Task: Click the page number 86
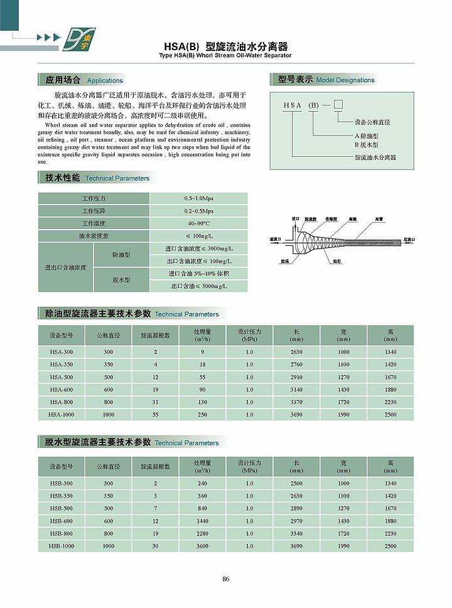(226, 579)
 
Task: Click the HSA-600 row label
(62, 390)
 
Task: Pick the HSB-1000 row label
(62, 546)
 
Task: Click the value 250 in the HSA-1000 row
(203, 415)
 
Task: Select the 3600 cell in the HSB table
(203, 546)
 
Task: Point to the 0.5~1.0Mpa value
(198, 198)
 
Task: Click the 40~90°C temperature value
(198, 223)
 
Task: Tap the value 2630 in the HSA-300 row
(297, 352)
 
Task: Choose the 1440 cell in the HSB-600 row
(203, 521)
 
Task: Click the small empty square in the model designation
(338, 104)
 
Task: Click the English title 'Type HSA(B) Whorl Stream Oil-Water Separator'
(226, 56)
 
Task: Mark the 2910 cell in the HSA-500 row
(297, 377)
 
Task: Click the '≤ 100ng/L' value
(198, 236)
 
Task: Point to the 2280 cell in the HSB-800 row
(203, 533)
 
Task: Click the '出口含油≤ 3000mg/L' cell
(198, 286)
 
